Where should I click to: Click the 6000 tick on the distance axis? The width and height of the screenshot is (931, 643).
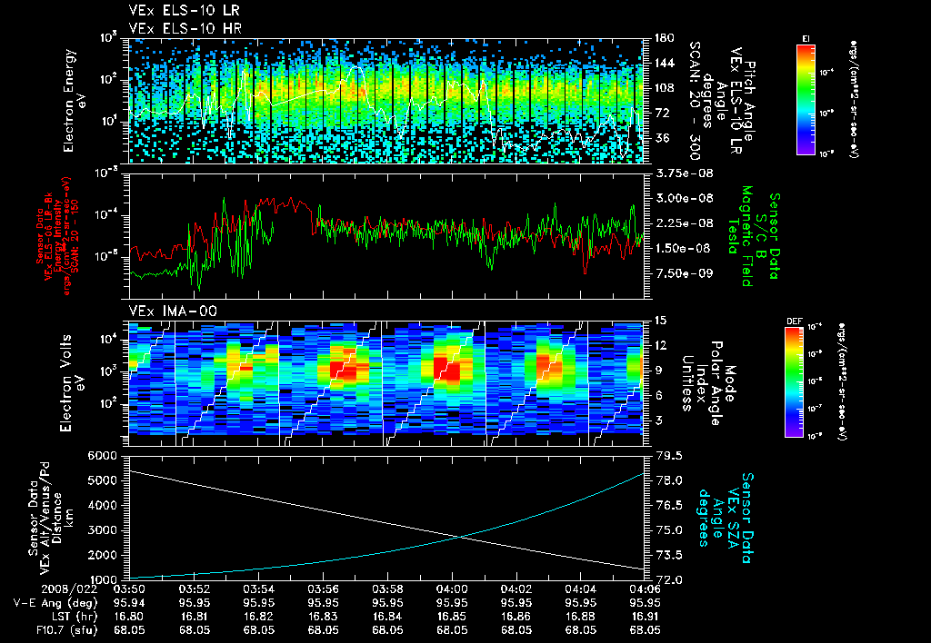pyautogui.click(x=107, y=455)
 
